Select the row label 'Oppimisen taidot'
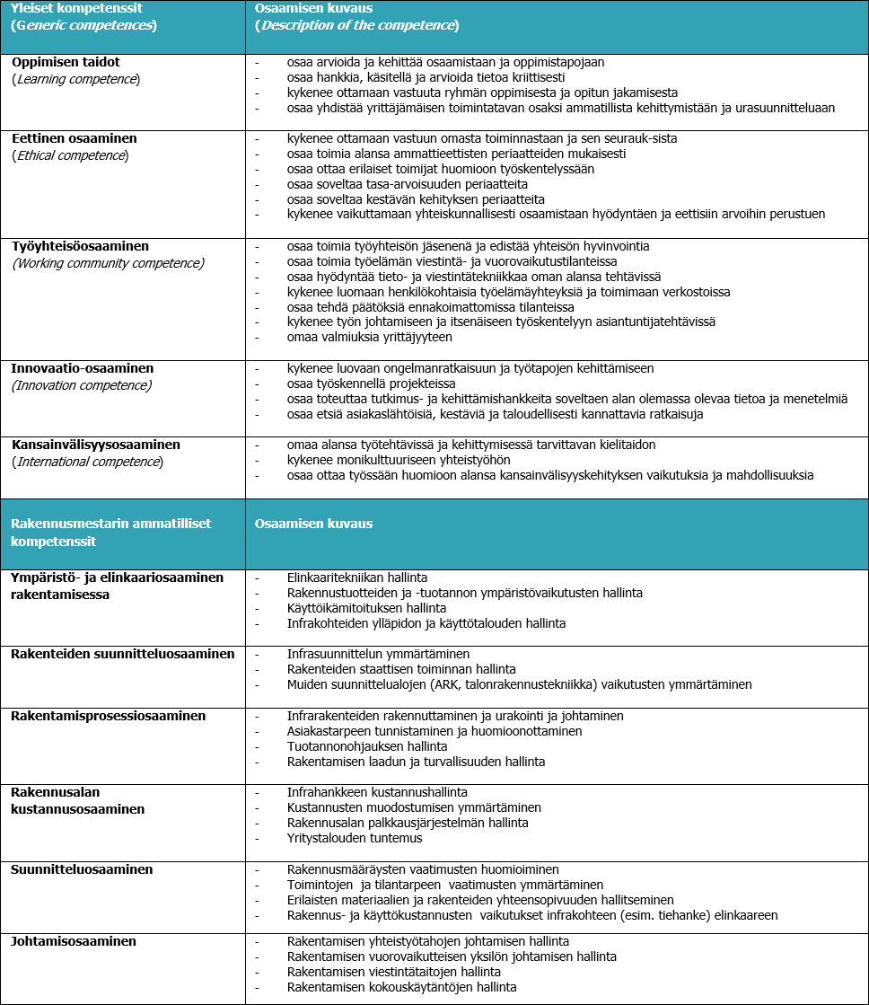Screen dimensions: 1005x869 pyautogui.click(x=66, y=62)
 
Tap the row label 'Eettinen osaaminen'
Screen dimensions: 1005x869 pyautogui.click(x=75, y=138)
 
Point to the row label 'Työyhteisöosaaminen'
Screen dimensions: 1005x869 pyautogui.click(x=80, y=246)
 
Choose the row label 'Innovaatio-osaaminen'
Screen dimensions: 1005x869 pyautogui.click(x=83, y=368)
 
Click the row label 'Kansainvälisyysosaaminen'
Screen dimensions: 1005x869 pyautogui.click(x=96, y=445)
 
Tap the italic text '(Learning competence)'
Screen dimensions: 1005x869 pyautogui.click(x=75, y=79)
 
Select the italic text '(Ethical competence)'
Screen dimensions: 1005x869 pyautogui.click(x=70, y=155)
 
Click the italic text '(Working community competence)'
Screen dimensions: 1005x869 pyautogui.click(x=108, y=263)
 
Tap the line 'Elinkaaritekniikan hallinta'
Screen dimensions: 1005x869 pyautogui.click(x=356, y=577)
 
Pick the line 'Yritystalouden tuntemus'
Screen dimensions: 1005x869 pyautogui.click(x=354, y=838)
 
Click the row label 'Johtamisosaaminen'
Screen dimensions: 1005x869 pyautogui.click(x=74, y=941)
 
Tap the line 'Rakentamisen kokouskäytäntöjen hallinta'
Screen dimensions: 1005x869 pyautogui.click(x=401, y=987)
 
